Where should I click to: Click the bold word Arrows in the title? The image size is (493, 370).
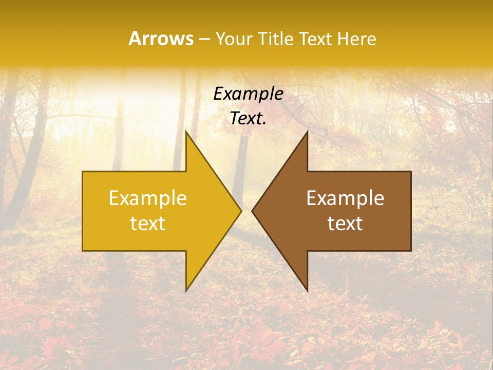pos(161,39)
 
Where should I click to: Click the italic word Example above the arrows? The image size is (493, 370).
pos(248,94)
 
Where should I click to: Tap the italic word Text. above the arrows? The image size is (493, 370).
pos(248,118)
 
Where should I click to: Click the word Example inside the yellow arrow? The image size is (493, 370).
pos(148,198)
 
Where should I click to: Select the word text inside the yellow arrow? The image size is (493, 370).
pos(148,223)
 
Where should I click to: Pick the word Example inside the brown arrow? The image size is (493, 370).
pos(345,198)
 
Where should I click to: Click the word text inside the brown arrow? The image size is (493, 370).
pos(345,223)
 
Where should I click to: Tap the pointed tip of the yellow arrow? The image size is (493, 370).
pos(240,211)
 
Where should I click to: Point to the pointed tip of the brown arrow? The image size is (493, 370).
pos(253,211)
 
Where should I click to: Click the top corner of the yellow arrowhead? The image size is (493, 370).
pos(186,132)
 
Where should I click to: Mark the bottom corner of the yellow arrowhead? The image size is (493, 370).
pos(186,291)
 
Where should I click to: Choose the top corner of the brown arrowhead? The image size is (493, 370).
pos(307,132)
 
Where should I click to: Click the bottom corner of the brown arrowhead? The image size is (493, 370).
pos(307,291)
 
